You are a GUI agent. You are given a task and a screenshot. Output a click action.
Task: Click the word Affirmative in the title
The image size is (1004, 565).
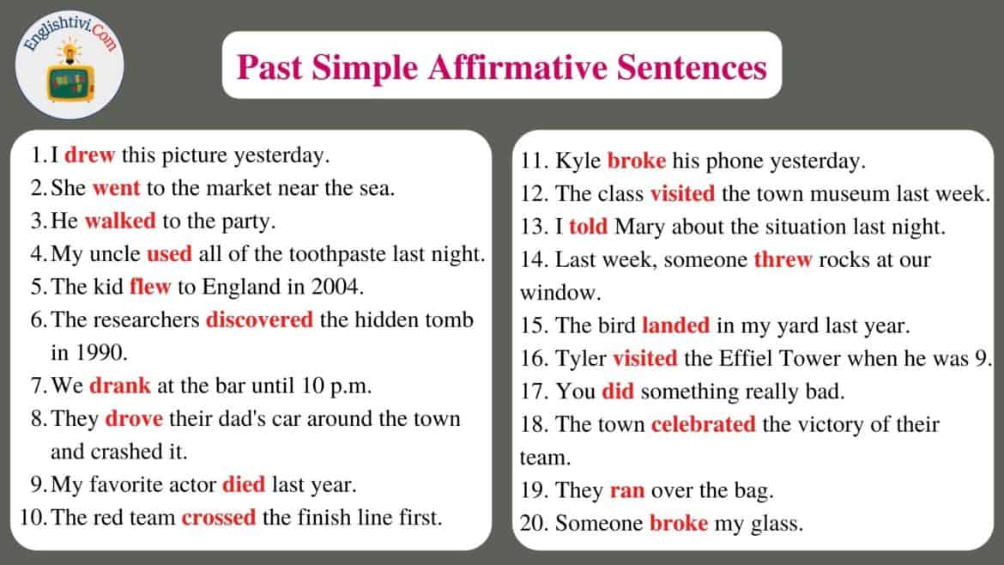coord(517,67)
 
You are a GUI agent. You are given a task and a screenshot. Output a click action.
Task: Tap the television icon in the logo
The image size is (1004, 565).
coord(70,83)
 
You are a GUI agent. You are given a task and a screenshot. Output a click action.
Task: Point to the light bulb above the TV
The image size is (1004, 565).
coord(70,50)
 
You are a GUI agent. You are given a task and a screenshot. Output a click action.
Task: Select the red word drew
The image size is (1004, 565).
coord(89,155)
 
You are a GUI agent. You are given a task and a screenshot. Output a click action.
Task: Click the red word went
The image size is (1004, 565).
coord(116,188)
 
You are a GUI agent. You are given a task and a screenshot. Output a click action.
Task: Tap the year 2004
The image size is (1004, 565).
coord(337,287)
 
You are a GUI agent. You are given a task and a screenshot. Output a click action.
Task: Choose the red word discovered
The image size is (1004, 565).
coord(259,319)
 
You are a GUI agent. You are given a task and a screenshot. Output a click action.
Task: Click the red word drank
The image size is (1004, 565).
coord(120,386)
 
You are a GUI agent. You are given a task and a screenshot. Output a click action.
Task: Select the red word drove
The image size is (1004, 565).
coord(134,419)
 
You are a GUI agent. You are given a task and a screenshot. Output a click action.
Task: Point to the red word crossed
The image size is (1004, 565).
coord(218,518)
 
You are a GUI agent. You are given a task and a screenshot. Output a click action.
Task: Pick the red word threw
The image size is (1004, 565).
coord(783,260)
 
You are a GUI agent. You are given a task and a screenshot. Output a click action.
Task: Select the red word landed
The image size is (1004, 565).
coord(675,325)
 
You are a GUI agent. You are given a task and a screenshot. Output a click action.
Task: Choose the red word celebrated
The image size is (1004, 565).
coord(703,425)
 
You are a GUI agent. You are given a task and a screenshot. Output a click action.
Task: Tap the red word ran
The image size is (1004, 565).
coord(627,491)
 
